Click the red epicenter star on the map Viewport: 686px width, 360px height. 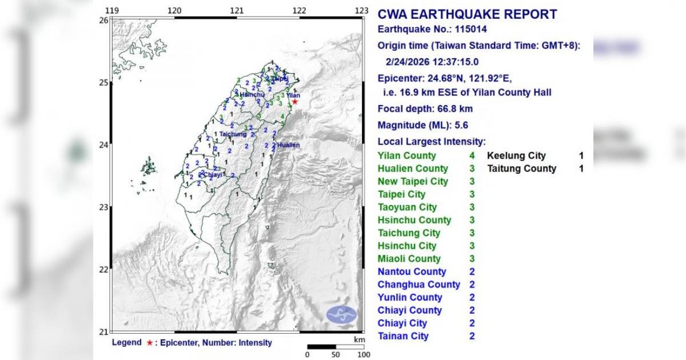pyautogui.click(x=294, y=102)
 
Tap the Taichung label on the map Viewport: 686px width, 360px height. pyautogui.click(x=233, y=134)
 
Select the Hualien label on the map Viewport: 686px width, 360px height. pyautogui.click(x=289, y=145)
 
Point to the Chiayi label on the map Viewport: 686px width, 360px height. pyautogui.click(x=213, y=175)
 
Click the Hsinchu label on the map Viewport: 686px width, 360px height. pyautogui.click(x=252, y=94)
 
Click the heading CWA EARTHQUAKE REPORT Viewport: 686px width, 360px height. pyautogui.click(x=468, y=15)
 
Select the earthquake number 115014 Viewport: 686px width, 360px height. pyautogui.click(x=468, y=30)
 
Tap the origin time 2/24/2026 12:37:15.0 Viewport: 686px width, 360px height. pyautogui.click(x=432, y=62)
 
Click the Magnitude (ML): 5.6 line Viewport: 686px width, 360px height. pyautogui.click(x=422, y=126)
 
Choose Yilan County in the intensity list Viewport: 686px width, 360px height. pyautogui.click(x=406, y=156)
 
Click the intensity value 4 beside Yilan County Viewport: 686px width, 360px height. pyautogui.click(x=472, y=156)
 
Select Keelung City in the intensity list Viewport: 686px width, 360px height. pyautogui.click(x=516, y=156)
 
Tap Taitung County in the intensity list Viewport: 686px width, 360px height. pyautogui.click(x=521, y=169)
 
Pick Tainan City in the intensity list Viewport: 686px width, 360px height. pyautogui.click(x=403, y=336)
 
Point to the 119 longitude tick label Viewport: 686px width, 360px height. pyautogui.click(x=112, y=10)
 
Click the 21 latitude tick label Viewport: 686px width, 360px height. pyautogui.click(x=103, y=331)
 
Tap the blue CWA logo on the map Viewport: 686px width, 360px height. pyautogui.click(x=341, y=314)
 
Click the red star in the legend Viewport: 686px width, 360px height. pyautogui.click(x=149, y=343)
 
